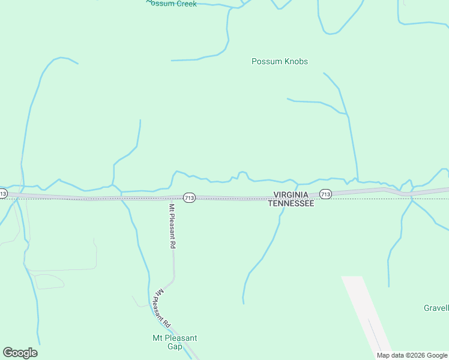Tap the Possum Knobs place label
coord(280,61)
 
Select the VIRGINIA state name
coord(291,195)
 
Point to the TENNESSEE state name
coord(291,203)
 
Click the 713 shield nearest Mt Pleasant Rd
coord(189,197)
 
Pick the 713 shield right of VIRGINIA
coord(325,194)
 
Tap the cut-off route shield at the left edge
coord(3,193)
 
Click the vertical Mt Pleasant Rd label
coord(172,226)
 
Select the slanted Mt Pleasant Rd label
coord(163,306)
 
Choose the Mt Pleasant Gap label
coord(175,342)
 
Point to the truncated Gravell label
coord(436,308)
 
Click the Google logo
coord(20,353)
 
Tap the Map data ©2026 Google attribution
coord(412,355)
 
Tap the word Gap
coord(175,347)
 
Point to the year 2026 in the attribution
coord(414,355)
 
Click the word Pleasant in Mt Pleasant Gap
coord(181,338)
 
